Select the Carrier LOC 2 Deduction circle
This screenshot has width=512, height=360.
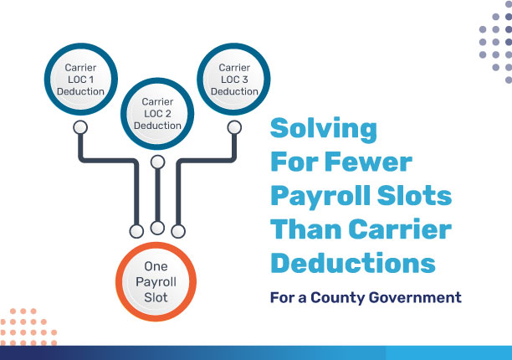156,114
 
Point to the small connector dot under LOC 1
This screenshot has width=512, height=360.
81,127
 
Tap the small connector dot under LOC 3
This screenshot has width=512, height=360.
234,127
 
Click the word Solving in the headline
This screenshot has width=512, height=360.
324,130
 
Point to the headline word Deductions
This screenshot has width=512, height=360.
352,263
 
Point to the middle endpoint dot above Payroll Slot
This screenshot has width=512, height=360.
157,227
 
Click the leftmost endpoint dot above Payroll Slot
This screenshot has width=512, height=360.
136,229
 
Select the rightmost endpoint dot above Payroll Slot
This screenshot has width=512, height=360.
177,229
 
